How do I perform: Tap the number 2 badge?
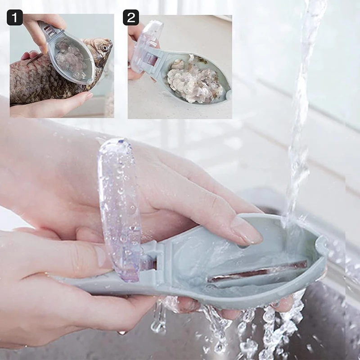coord(131,18)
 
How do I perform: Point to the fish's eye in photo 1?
coord(104,47)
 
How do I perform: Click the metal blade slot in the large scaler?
coord(256,273)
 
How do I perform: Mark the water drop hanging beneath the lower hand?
coord(122,333)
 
